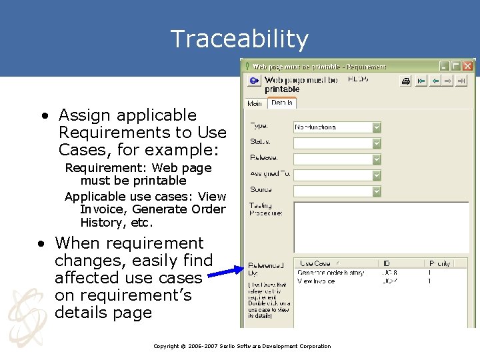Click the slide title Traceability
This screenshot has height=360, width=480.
click(239, 39)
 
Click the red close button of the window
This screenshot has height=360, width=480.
click(468, 66)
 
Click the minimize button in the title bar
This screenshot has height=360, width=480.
click(444, 66)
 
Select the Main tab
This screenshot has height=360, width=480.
click(255, 103)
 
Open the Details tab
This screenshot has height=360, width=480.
click(281, 103)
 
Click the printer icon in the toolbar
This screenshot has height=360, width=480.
click(405, 81)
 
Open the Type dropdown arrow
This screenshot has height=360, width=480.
click(376, 127)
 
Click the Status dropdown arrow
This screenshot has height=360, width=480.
click(376, 143)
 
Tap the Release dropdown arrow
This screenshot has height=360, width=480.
click(376, 159)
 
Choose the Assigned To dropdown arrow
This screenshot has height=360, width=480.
click(376, 175)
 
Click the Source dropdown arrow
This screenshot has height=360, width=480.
click(376, 191)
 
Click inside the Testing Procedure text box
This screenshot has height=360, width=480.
click(380, 227)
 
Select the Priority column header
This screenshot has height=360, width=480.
click(440, 263)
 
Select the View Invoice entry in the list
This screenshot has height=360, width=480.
click(316, 281)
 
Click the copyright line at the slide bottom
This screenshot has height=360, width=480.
click(241, 346)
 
